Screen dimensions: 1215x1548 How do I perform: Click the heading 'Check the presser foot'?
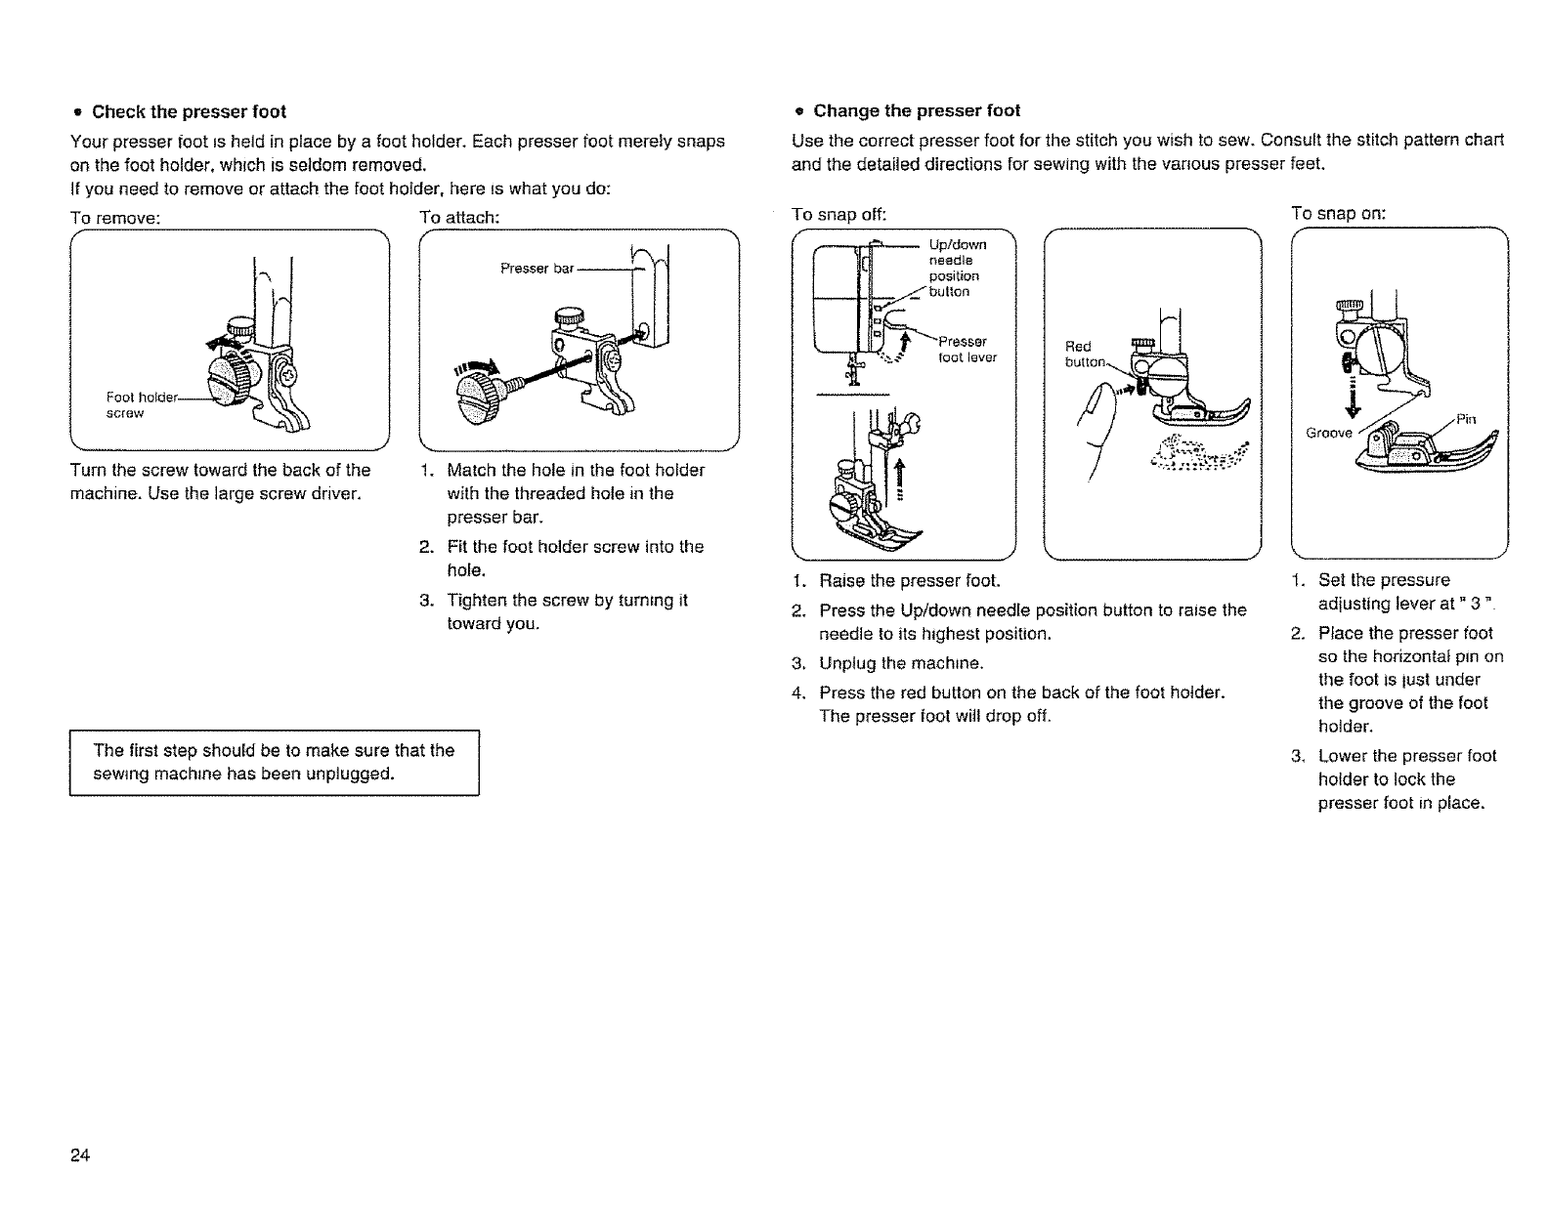point(189,111)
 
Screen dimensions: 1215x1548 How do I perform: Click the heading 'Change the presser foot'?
point(917,110)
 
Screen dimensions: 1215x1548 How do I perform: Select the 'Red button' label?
point(1083,354)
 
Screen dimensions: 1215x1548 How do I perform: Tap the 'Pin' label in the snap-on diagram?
point(1465,419)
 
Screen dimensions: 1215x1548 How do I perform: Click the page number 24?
point(80,1156)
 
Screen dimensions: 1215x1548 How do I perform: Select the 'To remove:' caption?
point(115,217)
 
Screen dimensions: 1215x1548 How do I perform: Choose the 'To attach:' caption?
point(459,217)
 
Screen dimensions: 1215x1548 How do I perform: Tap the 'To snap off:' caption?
point(838,214)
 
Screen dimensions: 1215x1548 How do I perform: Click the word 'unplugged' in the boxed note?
point(351,775)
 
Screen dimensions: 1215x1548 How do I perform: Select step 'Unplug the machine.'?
point(901,664)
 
